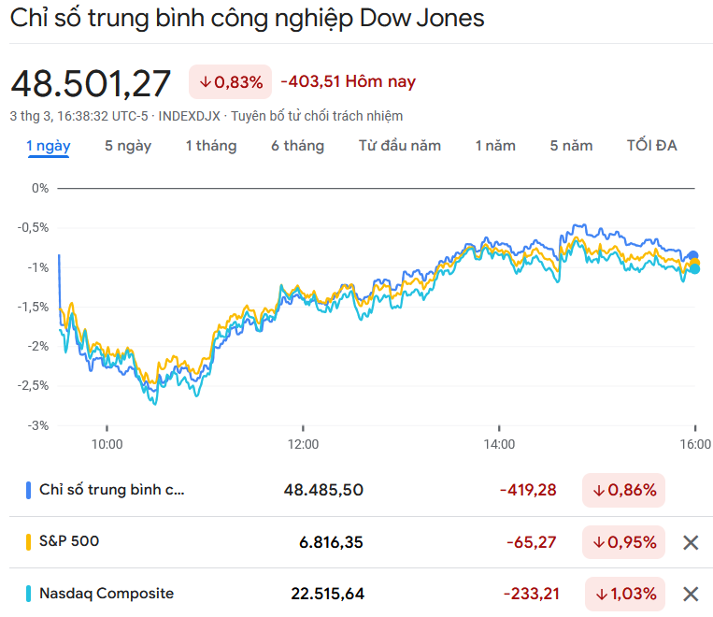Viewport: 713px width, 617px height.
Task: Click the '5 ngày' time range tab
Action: [128, 146]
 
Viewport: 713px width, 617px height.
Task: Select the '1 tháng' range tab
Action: [210, 146]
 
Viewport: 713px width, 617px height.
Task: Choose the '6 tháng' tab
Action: [297, 146]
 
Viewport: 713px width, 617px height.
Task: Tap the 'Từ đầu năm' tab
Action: [399, 146]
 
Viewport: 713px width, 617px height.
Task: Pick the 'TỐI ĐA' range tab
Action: [651, 146]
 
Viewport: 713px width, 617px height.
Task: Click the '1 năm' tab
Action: [495, 146]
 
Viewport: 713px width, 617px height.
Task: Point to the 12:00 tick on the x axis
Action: [303, 444]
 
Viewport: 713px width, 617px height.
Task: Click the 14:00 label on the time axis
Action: [499, 444]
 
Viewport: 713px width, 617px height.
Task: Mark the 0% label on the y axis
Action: [39, 188]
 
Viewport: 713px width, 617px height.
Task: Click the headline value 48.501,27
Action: [91, 83]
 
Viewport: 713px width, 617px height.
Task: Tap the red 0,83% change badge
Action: [230, 82]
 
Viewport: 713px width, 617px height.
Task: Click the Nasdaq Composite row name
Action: [106, 594]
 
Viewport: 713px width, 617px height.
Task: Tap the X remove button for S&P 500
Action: [691, 542]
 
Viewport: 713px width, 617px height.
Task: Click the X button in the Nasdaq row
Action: [691, 594]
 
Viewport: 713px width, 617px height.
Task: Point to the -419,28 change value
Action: [528, 490]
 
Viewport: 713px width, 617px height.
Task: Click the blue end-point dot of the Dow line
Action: [693, 255]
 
